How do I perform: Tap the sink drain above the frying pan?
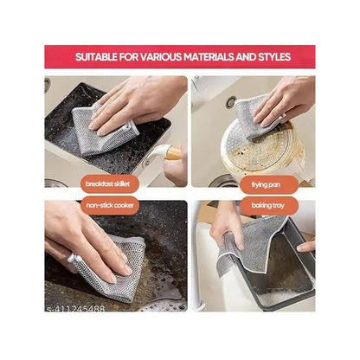pos(230,102)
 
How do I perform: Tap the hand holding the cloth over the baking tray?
pos(227,227)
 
